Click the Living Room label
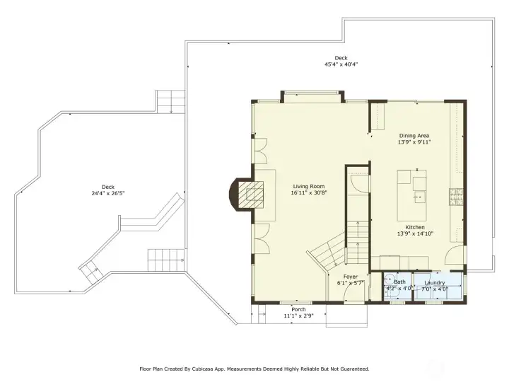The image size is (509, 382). pos(309,187)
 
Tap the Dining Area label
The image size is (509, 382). pos(414,136)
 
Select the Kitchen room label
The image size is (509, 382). pos(415,227)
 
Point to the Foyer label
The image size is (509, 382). pos(351,277)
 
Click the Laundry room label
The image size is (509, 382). pos(434,283)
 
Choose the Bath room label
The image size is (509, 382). pos(399,282)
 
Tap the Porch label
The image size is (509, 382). pos(298,310)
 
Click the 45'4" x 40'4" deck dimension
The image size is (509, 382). pos(341,64)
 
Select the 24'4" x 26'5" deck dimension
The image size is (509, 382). pos(108,193)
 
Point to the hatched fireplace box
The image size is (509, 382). pos(250,195)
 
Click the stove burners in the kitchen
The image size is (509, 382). pos(456,197)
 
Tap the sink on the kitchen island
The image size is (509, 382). pos(419,197)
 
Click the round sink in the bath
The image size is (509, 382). pos(389,279)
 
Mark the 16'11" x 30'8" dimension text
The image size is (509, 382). pos(309,193)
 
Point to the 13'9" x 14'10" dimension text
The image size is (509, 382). pos(415,233)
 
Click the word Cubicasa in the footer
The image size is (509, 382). pos(201,369)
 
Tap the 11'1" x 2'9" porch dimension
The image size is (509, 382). pos(298,316)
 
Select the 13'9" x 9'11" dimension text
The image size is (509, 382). pos(414,142)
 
